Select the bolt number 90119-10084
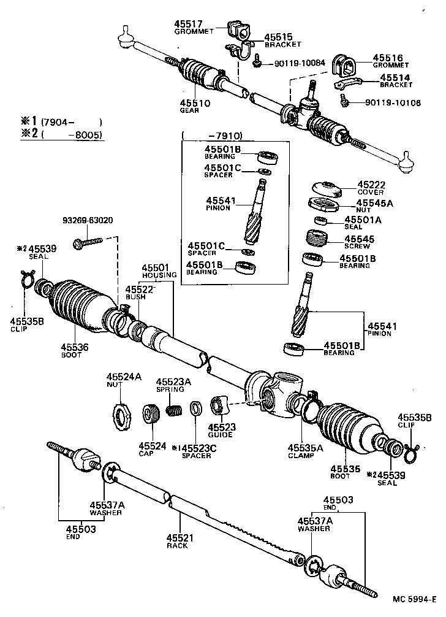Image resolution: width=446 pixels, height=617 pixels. [303, 63]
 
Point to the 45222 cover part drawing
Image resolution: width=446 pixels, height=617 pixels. [326, 187]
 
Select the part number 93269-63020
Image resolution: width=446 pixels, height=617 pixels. [88, 220]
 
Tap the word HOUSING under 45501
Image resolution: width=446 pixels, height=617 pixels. [161, 275]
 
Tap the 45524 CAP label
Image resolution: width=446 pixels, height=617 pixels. [151, 449]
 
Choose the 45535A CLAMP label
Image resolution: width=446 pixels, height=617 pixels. [305, 451]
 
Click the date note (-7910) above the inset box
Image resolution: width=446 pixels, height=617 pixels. [211, 136]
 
